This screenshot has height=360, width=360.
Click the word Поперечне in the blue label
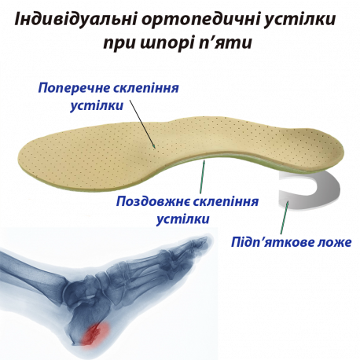[75, 89]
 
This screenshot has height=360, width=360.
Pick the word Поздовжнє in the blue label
[154, 202]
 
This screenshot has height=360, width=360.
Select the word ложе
[334, 243]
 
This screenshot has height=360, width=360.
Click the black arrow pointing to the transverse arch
[142, 124]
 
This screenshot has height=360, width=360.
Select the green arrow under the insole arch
[202, 177]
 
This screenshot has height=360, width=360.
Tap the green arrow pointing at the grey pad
[285, 217]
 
